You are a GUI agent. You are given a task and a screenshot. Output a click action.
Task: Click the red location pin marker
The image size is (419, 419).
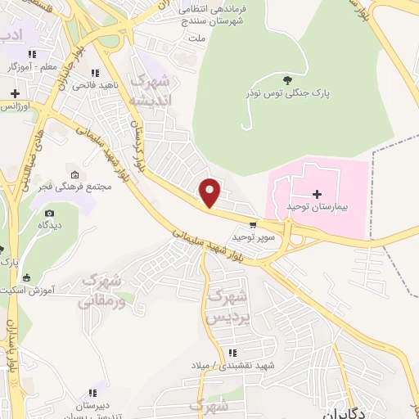click(210, 191)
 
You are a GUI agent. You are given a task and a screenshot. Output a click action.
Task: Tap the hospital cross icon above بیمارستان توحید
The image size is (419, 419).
click(318, 193)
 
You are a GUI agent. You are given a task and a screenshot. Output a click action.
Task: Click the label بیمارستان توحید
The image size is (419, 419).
click(318, 208)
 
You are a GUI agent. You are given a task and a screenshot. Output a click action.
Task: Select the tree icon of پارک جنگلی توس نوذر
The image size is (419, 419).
click(286, 79)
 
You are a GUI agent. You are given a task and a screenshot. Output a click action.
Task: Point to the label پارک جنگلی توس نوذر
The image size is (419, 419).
click(287, 94)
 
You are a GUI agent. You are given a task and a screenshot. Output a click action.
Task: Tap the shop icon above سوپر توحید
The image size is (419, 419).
click(253, 224)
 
